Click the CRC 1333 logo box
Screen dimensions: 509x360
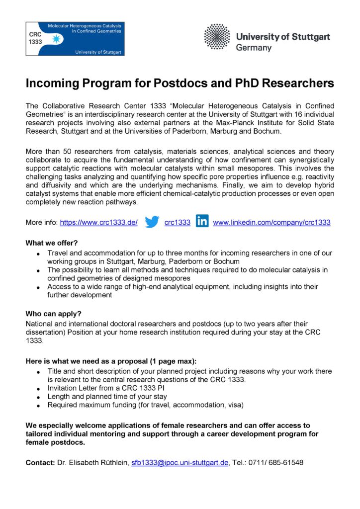pos(75,38)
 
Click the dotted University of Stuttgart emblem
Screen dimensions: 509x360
pos(217,36)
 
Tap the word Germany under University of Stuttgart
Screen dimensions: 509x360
pos(254,48)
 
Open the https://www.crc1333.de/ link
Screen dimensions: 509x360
pos(98,223)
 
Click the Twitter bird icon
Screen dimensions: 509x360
pos(152,222)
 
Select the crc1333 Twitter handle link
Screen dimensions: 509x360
pos(178,223)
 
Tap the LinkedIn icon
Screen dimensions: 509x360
pos(202,222)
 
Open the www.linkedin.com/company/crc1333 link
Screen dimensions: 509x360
pos(271,223)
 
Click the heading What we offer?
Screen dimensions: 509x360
pos(52,244)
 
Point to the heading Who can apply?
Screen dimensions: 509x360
pos(53,314)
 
